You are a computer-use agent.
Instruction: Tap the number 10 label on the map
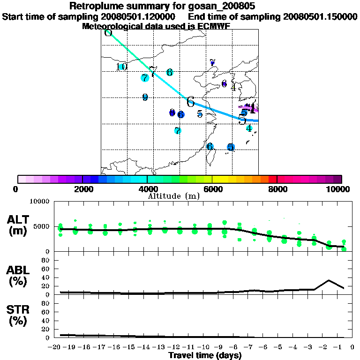click(x=121, y=67)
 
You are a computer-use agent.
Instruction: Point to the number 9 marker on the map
click(x=145, y=97)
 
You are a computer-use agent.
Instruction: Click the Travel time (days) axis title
click(x=204, y=355)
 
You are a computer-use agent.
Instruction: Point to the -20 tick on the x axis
click(x=56, y=347)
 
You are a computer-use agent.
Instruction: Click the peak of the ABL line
click(x=329, y=280)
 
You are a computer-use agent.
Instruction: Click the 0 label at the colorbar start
click(x=16, y=189)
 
